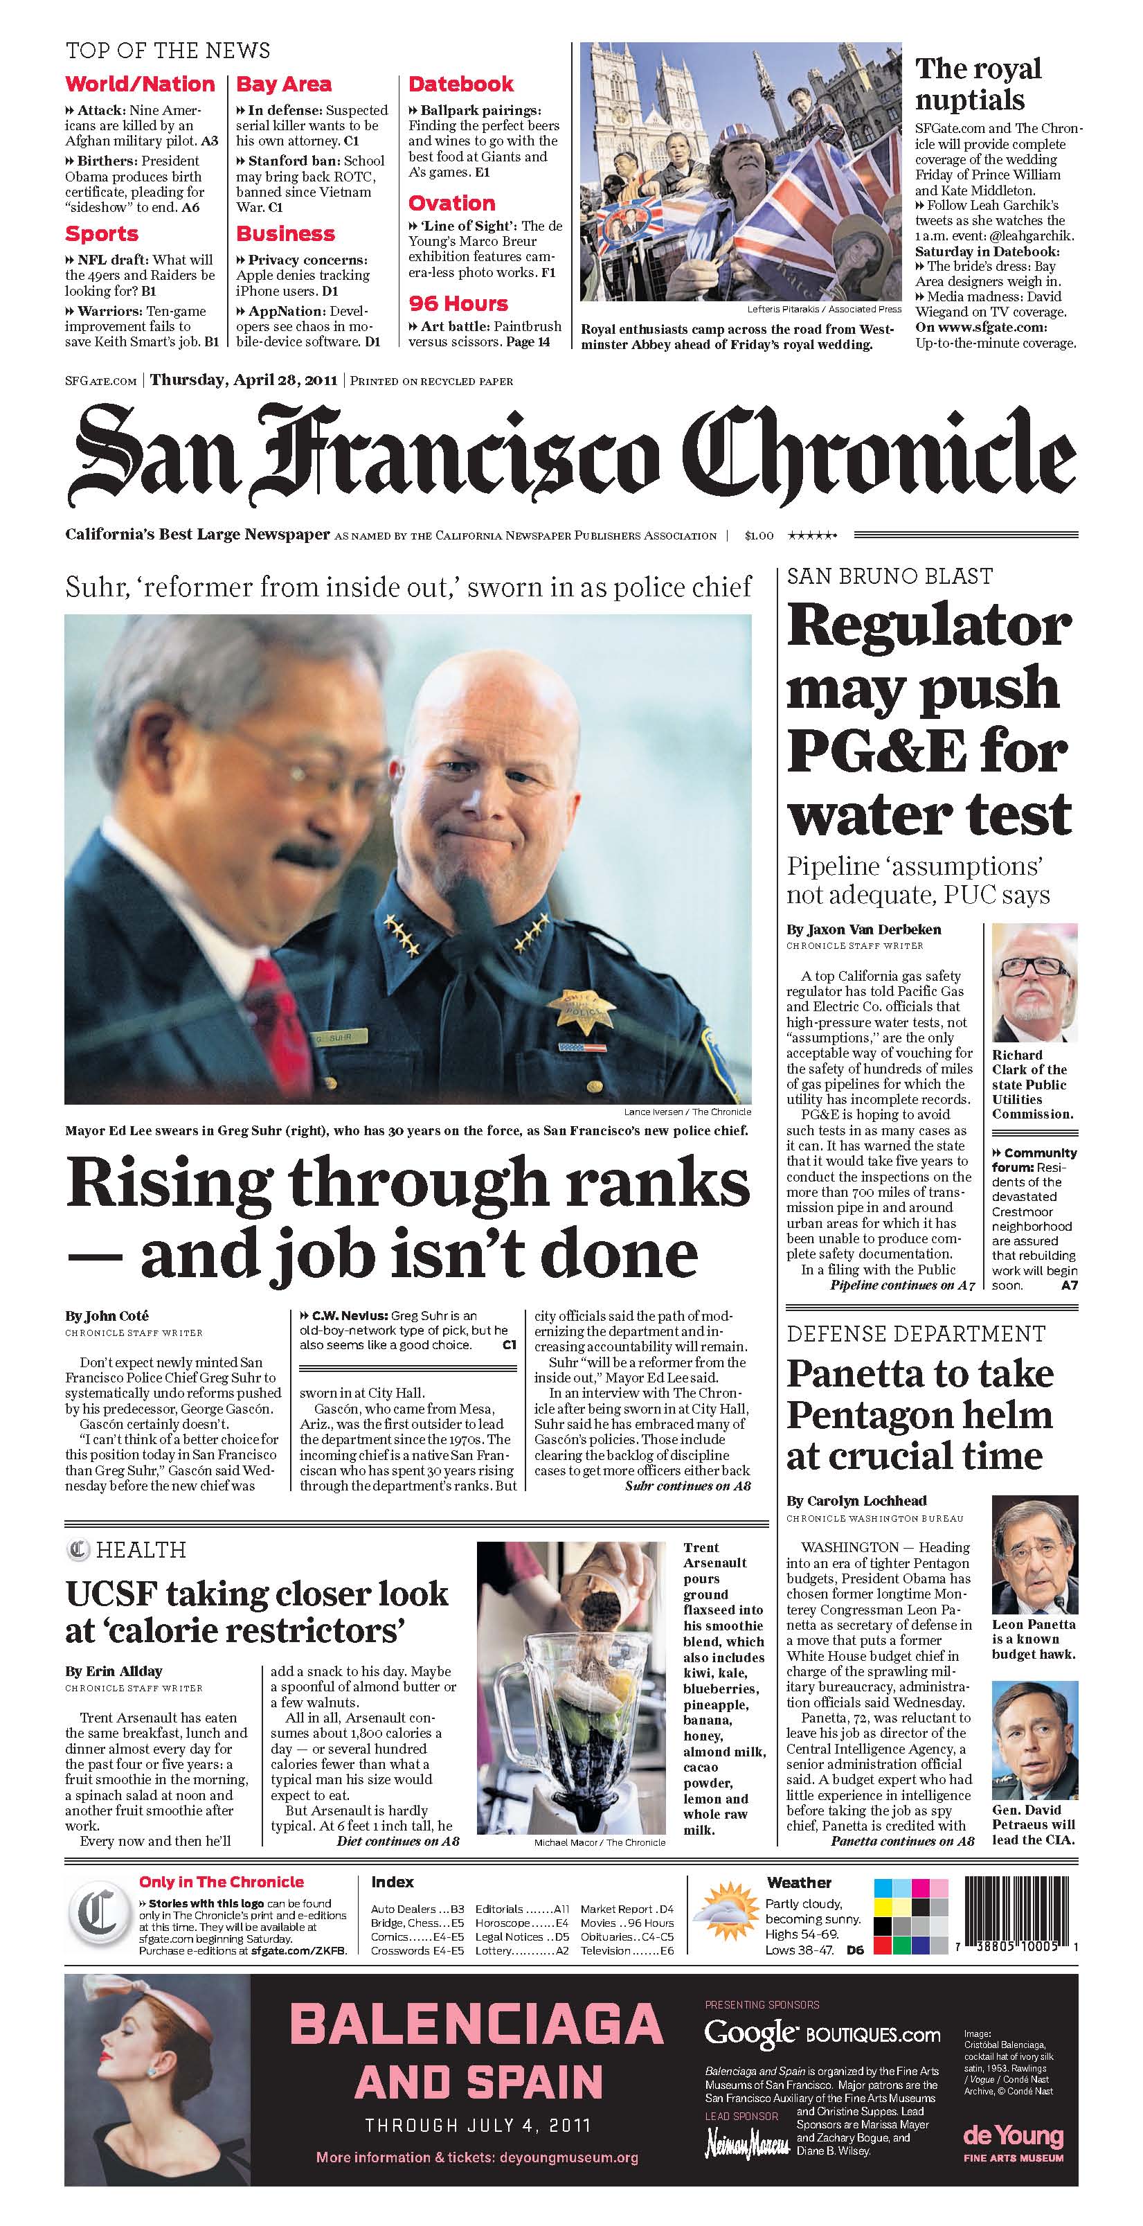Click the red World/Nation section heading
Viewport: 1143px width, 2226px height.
pos(140,84)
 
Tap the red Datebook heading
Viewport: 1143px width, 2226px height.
pos(460,84)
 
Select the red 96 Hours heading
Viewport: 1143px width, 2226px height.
pos(458,304)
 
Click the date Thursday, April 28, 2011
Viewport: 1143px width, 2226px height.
pos(244,380)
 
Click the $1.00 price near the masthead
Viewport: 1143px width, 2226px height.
pos(759,536)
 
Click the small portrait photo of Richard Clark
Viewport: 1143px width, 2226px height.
pos(1034,983)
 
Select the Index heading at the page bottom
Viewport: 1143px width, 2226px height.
pos(393,1882)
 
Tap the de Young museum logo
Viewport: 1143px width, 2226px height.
pos(1013,2135)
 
